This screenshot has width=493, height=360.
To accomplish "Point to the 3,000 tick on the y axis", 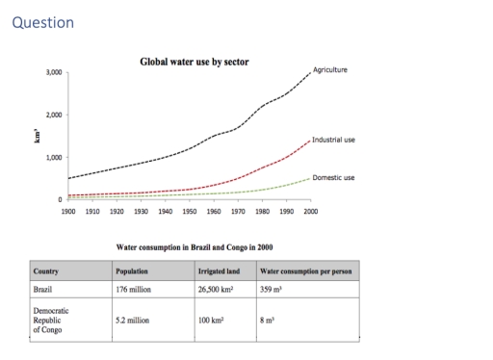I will coord(55,72).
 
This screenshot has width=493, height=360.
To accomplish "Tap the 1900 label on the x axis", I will coord(68,208).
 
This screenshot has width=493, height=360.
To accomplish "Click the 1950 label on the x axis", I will coord(189,208).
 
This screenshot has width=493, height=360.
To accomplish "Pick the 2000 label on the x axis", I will coord(310,208).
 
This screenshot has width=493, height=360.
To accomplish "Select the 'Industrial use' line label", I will coord(334,140).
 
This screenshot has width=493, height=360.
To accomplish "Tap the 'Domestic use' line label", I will coord(334,177).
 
